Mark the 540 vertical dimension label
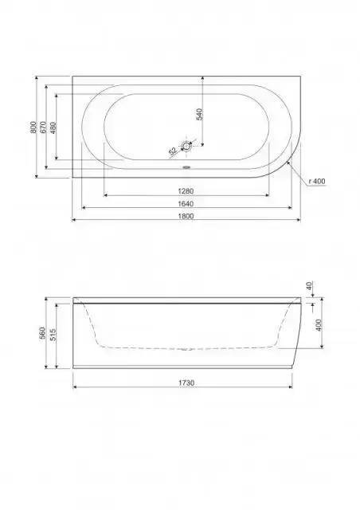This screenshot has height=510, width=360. click(199, 115)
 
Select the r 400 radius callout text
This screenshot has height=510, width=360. click(317, 182)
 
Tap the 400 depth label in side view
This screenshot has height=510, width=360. click(319, 325)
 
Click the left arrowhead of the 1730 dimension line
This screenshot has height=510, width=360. click(75, 388)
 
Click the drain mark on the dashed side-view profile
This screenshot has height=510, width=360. click(188, 348)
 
